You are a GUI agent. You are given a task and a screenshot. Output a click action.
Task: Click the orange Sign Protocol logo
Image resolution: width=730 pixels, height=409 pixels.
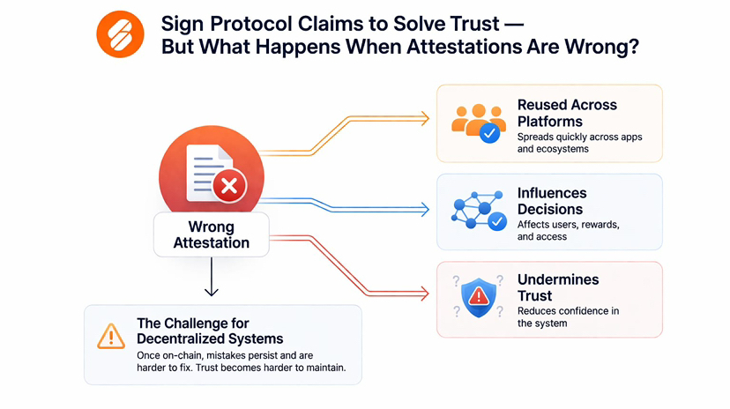click(x=120, y=34)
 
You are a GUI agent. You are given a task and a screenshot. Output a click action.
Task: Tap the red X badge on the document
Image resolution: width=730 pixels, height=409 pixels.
click(x=229, y=185)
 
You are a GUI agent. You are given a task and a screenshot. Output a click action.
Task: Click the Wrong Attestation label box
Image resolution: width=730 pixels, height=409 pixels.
click(x=212, y=234)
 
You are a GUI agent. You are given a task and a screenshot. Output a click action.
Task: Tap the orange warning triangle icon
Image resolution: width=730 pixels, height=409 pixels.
click(x=111, y=335)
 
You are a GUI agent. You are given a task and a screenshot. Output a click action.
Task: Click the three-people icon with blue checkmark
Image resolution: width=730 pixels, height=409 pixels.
click(x=476, y=123)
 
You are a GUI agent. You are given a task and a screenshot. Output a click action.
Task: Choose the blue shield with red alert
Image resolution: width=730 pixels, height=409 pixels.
click(x=479, y=298)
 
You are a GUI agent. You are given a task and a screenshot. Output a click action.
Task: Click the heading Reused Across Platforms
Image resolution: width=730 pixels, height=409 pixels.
click(x=567, y=112)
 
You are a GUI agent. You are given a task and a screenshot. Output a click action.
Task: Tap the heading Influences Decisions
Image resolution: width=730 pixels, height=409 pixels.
click(x=551, y=201)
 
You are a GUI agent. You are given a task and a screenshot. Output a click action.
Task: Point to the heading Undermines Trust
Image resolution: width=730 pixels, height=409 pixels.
click(x=558, y=287)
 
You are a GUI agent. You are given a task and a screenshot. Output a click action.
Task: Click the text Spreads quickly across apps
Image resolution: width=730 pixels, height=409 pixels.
click(x=579, y=138)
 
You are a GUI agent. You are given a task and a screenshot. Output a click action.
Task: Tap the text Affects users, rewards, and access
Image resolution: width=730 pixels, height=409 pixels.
click(x=568, y=231)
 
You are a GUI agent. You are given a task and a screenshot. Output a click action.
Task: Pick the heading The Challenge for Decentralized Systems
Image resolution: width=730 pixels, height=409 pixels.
click(x=210, y=330)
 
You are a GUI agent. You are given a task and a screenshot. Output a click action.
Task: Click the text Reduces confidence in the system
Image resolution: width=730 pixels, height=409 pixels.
click(x=568, y=317)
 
